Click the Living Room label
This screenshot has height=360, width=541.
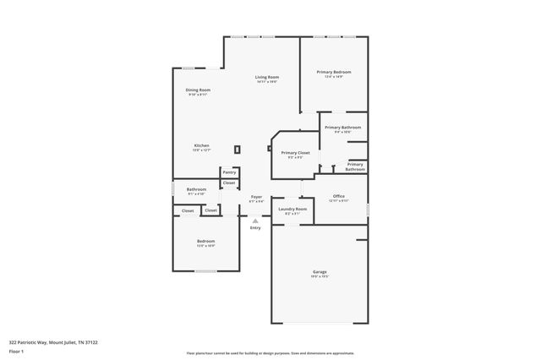point(267,78)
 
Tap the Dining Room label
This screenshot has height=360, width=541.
point(198,90)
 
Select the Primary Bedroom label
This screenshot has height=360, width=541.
point(334,73)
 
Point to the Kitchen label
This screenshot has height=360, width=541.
point(201,145)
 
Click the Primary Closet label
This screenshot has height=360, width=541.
point(295,153)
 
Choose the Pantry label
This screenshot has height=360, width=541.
point(229,172)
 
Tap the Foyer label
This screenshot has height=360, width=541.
point(256,197)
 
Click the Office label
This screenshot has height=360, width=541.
point(338,196)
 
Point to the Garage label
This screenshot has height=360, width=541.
point(320,271)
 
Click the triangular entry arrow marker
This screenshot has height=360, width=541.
point(255,220)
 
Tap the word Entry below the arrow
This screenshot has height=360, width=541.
point(255,228)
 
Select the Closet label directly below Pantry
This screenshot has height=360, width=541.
point(229,183)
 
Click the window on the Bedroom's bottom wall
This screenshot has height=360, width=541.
point(206,271)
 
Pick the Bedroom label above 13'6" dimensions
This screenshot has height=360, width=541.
point(206,241)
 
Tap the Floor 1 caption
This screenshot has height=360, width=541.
point(16,351)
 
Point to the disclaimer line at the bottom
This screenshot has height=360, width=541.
point(270,353)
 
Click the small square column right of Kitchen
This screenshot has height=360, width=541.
point(238,150)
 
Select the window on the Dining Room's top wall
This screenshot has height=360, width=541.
point(189,68)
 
